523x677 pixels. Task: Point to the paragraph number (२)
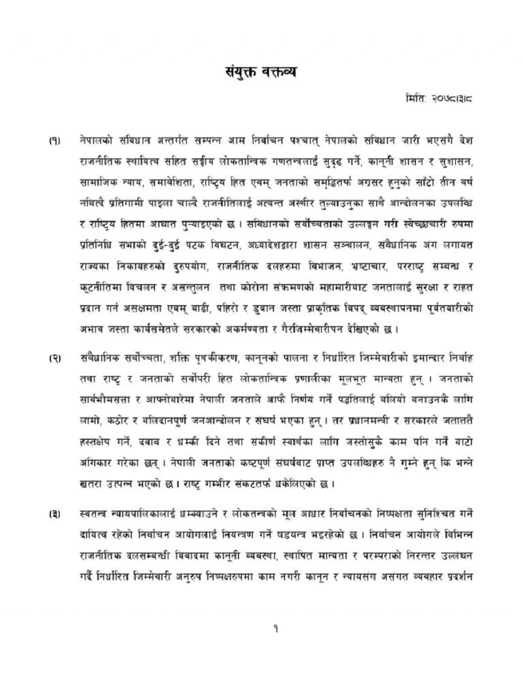[x=54, y=359]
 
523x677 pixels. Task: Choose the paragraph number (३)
[x=54, y=515]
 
